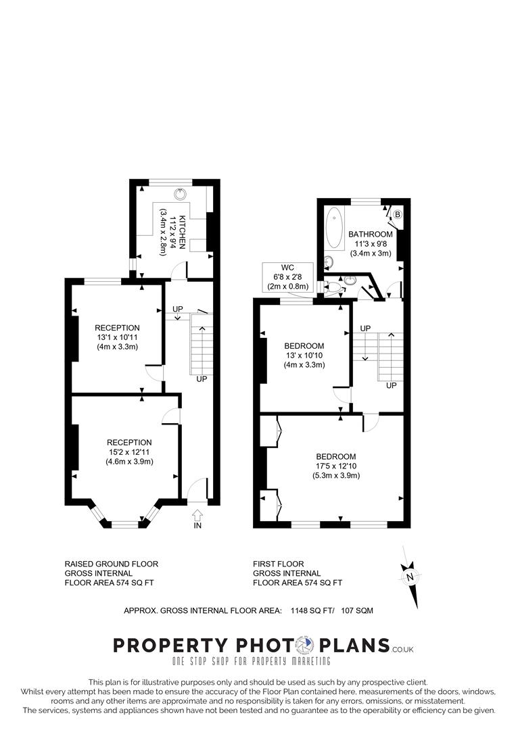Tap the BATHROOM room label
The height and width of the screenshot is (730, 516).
pos(370,235)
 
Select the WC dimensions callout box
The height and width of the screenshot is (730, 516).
pos(288,276)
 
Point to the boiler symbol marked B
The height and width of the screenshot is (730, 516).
pos(398,215)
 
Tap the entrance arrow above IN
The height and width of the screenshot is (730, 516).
pos(197,514)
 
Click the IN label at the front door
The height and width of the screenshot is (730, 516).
pos(197,525)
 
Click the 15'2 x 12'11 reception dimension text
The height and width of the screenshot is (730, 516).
pos(128,452)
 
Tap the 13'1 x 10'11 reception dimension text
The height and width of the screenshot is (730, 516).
pos(117,337)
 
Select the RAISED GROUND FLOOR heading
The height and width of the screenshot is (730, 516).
pos(111,564)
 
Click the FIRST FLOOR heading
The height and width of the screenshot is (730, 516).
pos(278,564)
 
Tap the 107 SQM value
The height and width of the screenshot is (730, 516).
pos(358,610)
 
